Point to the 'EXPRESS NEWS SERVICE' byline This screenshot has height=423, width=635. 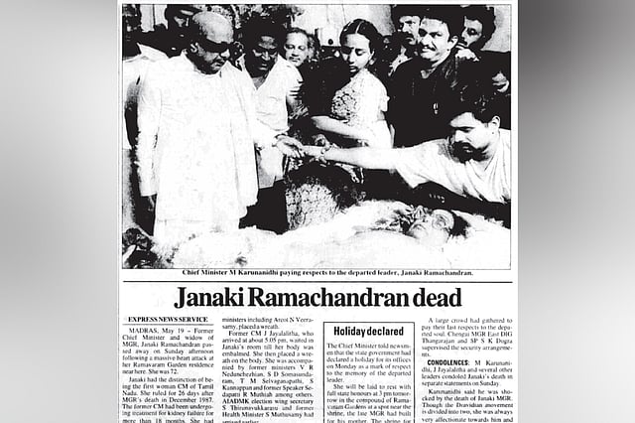[x=162, y=320]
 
